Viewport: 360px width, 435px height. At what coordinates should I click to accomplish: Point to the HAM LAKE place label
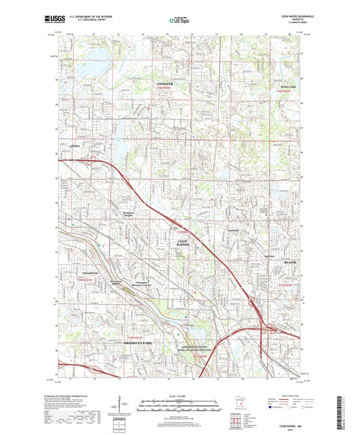(287, 87)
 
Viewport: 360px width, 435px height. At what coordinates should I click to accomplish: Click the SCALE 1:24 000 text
(179, 395)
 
